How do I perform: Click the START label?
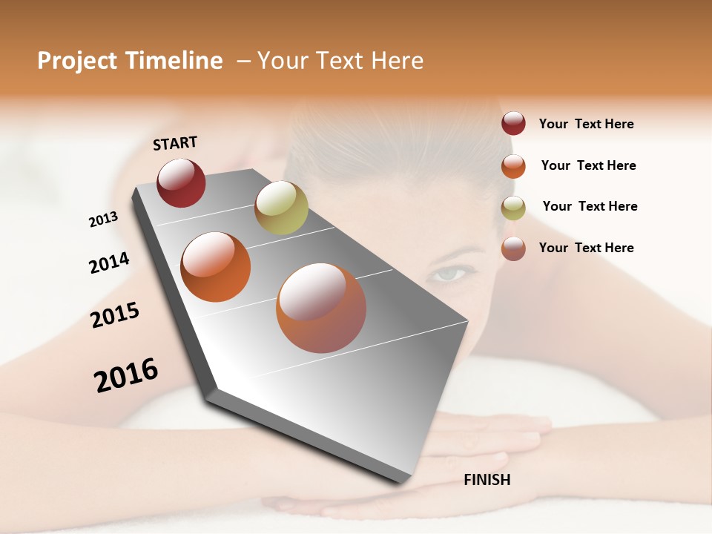(x=175, y=143)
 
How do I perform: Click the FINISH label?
(x=487, y=480)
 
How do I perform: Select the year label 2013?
(x=104, y=220)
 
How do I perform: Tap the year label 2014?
(x=109, y=263)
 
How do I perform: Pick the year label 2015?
(x=115, y=315)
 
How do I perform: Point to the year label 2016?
(x=126, y=375)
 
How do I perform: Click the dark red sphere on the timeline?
(x=181, y=182)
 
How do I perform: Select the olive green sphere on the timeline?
(x=281, y=207)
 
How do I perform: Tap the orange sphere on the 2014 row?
(x=216, y=267)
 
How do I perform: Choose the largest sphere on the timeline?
(x=321, y=308)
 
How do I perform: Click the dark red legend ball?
(x=513, y=124)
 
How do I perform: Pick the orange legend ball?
(x=513, y=166)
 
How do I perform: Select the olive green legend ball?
(x=513, y=208)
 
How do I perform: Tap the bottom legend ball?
(x=513, y=248)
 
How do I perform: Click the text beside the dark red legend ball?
(x=586, y=124)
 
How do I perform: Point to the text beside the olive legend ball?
(x=590, y=206)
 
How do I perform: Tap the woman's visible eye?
(x=450, y=274)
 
